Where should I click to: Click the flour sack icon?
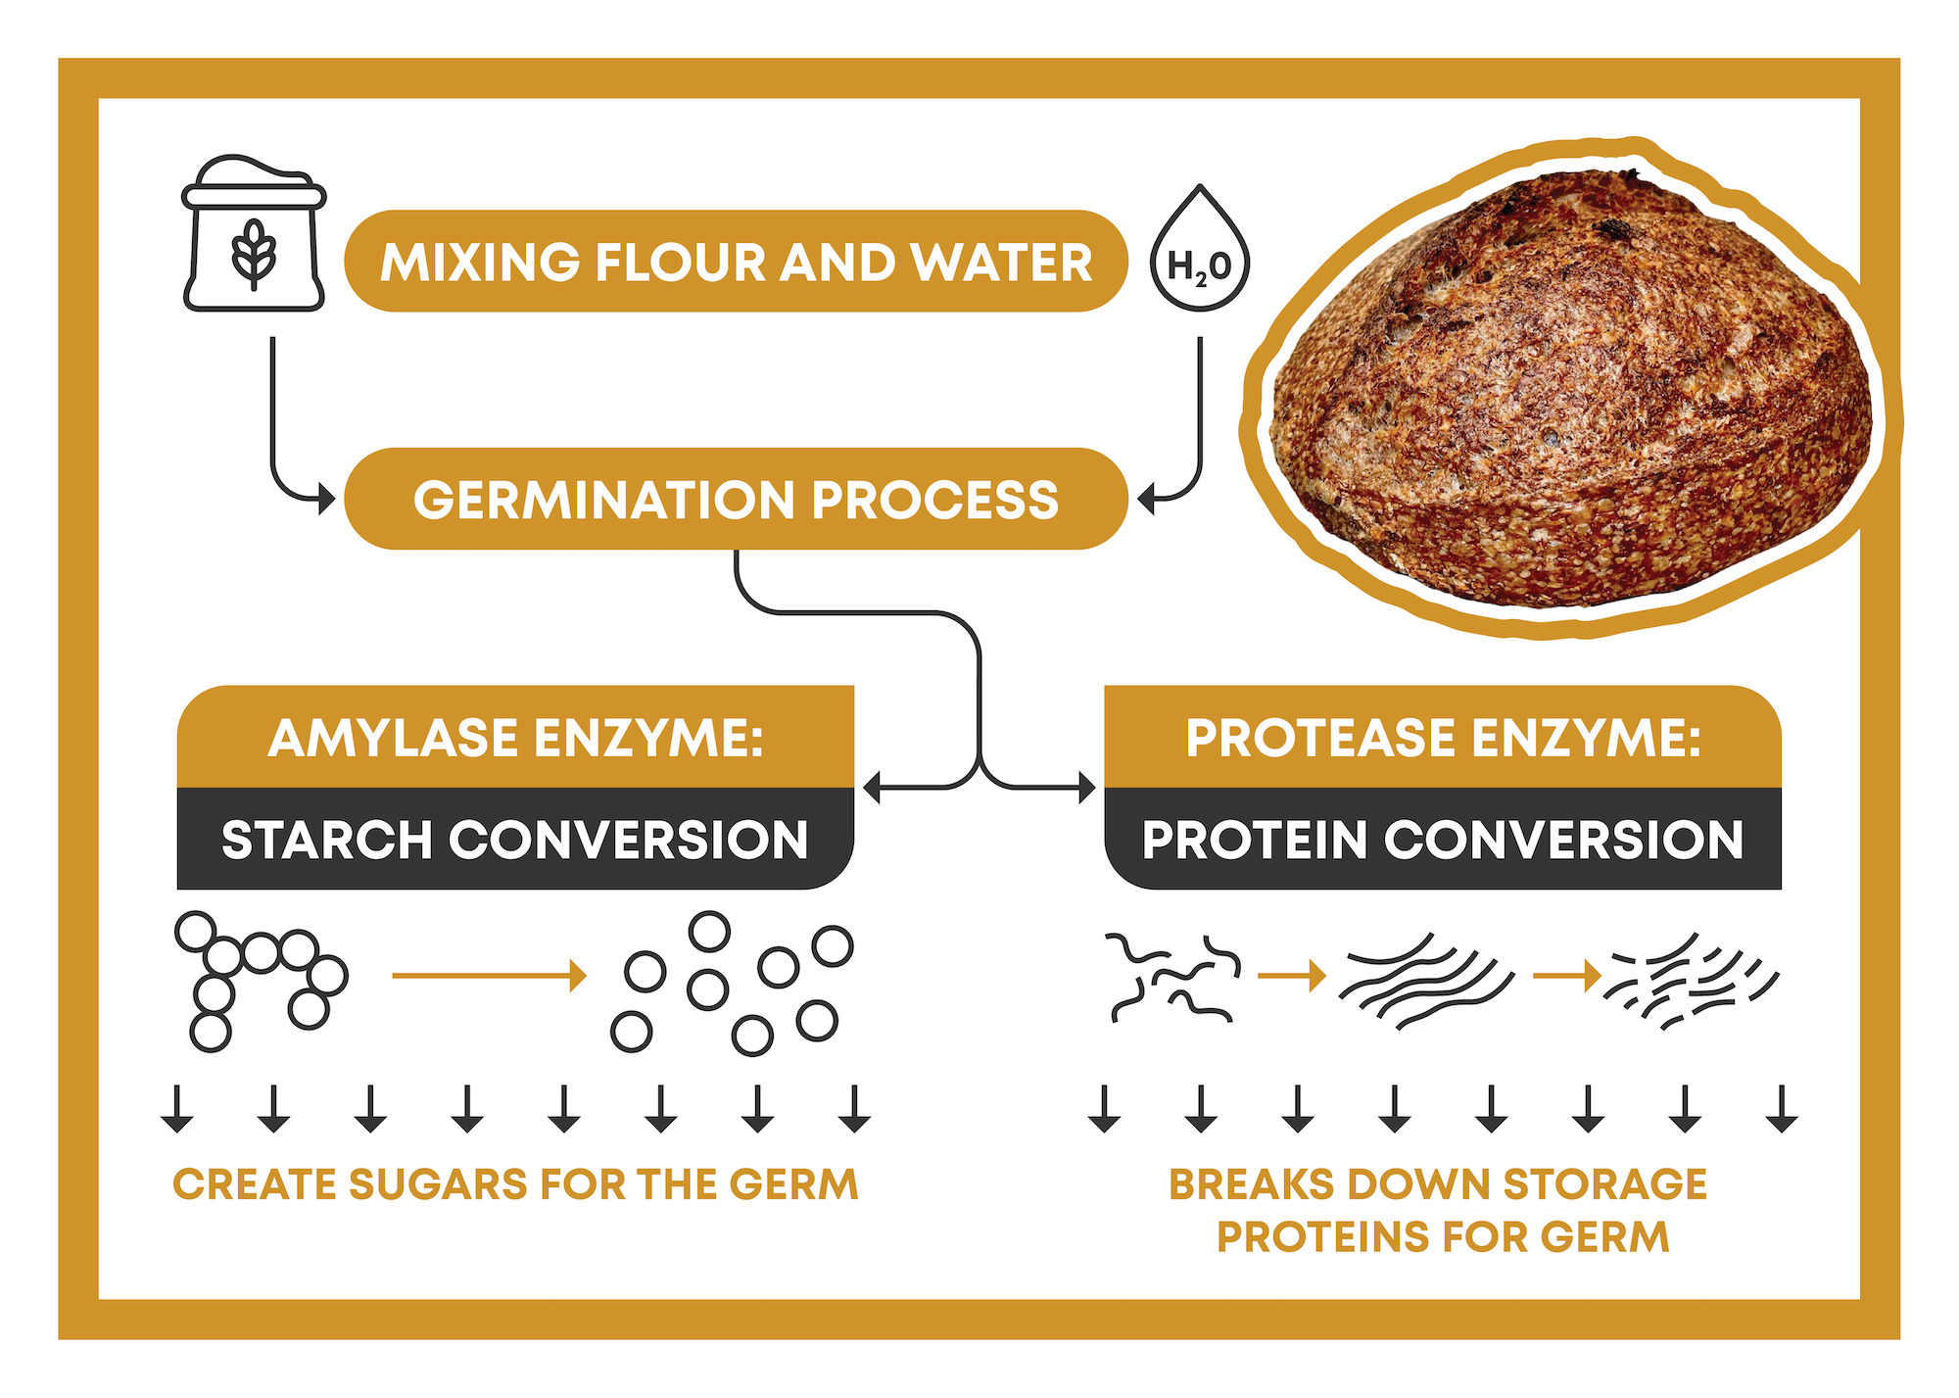(254, 235)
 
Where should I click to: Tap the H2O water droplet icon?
(1199, 253)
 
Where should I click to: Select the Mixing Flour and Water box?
(736, 263)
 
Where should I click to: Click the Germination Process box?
(736, 500)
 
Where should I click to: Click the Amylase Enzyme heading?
(515, 738)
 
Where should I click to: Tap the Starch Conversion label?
(515, 840)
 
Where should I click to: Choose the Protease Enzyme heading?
(1443, 738)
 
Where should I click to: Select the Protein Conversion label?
(1443, 840)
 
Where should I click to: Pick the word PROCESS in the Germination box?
(934, 500)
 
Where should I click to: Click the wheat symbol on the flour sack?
(254, 253)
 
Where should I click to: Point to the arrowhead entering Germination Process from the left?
(327, 499)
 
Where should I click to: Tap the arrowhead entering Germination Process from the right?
(1146, 500)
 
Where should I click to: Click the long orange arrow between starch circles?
(488, 975)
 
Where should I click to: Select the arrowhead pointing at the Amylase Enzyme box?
(872, 787)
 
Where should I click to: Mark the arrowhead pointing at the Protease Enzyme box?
(1087, 787)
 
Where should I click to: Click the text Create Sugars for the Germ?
(515, 1184)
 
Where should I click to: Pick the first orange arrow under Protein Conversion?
(1291, 975)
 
